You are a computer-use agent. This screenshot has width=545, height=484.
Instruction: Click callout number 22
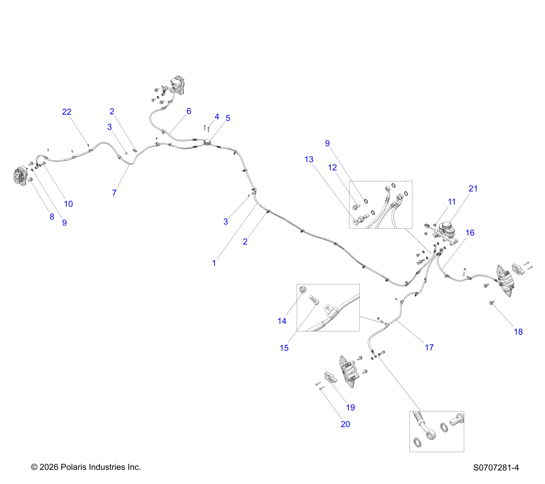pos(67,112)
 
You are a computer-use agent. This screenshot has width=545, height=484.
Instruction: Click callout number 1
pos(214,263)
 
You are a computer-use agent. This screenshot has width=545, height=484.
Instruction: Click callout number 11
pos(452,202)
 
